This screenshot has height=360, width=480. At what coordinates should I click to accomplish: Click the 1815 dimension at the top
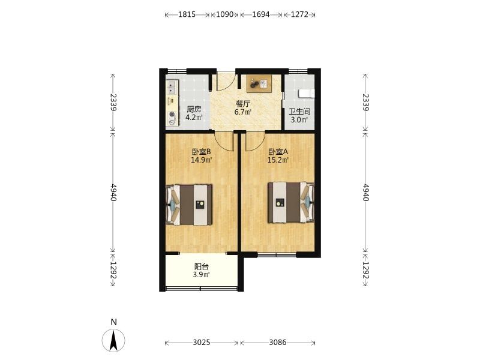187,14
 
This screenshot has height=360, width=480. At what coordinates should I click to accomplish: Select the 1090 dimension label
225,14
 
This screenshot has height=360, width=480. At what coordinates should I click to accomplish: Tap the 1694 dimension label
261,14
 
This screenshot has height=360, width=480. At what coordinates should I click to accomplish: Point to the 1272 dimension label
299,14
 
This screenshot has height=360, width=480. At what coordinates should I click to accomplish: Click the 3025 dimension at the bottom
202,342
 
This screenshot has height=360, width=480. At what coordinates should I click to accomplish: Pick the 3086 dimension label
278,342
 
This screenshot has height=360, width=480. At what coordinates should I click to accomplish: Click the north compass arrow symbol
113,340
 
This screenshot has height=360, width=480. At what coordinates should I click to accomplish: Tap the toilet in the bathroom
306,94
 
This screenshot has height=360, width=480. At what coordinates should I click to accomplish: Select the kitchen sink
172,86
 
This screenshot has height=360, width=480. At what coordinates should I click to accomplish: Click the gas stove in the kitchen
173,118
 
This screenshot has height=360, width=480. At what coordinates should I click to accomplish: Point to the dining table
259,83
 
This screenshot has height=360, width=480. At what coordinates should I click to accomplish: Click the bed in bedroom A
291,202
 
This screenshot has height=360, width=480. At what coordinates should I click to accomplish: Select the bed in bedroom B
189,205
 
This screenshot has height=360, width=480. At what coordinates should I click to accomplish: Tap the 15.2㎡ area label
278,160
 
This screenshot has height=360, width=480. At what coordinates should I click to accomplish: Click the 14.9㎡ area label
202,160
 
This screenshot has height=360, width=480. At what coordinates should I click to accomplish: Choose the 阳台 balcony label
202,267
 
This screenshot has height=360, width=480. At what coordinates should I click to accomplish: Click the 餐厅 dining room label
243,104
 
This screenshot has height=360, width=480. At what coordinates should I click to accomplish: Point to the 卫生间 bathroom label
299,112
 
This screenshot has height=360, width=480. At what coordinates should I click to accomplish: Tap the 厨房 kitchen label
194,109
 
